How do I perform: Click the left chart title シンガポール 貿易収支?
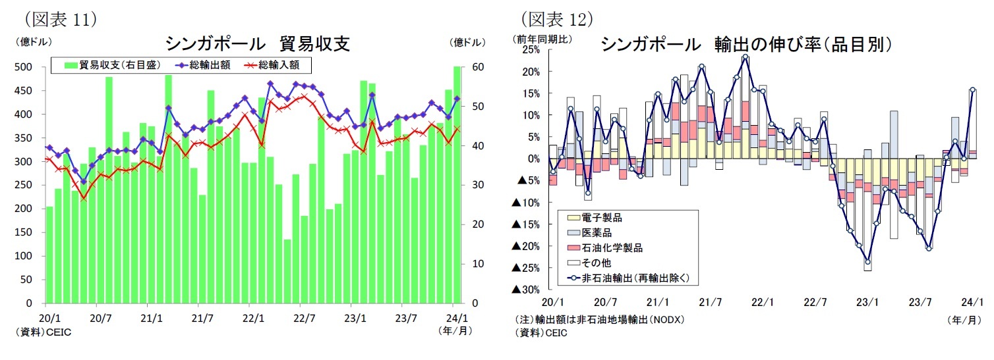pyautogui.click(x=257, y=44)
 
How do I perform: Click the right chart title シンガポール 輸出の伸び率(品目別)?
pyautogui.click(x=746, y=44)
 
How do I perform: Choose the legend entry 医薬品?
pyautogui.click(x=597, y=233)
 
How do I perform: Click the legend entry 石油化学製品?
pyautogui.click(x=612, y=248)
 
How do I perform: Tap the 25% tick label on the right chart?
pyautogui.click(x=531, y=50)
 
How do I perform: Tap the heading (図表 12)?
pyautogui.click(x=557, y=18)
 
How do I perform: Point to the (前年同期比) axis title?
pyautogui.click(x=540, y=39)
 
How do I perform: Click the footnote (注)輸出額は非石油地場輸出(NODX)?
pyautogui.click(x=599, y=320)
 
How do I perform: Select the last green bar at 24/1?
pyautogui.click(x=457, y=184)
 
